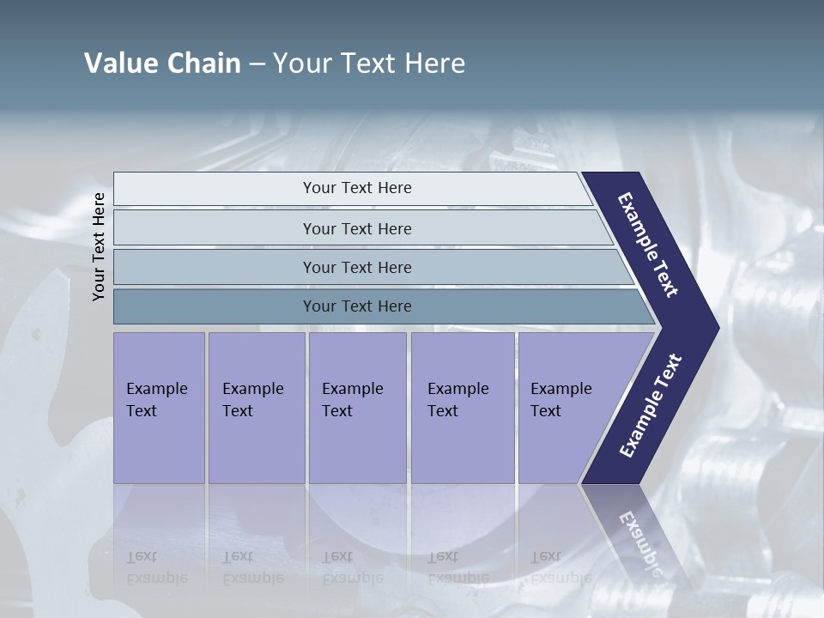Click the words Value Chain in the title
162,64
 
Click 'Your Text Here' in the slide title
369,64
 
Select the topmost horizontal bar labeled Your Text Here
356,188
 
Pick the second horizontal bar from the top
356,228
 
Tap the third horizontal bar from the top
356,267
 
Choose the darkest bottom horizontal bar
356,306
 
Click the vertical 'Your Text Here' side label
100,246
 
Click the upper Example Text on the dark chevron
648,245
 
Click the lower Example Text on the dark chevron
650,406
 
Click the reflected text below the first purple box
156,566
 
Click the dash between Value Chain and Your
257,64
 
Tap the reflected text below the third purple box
352,566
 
